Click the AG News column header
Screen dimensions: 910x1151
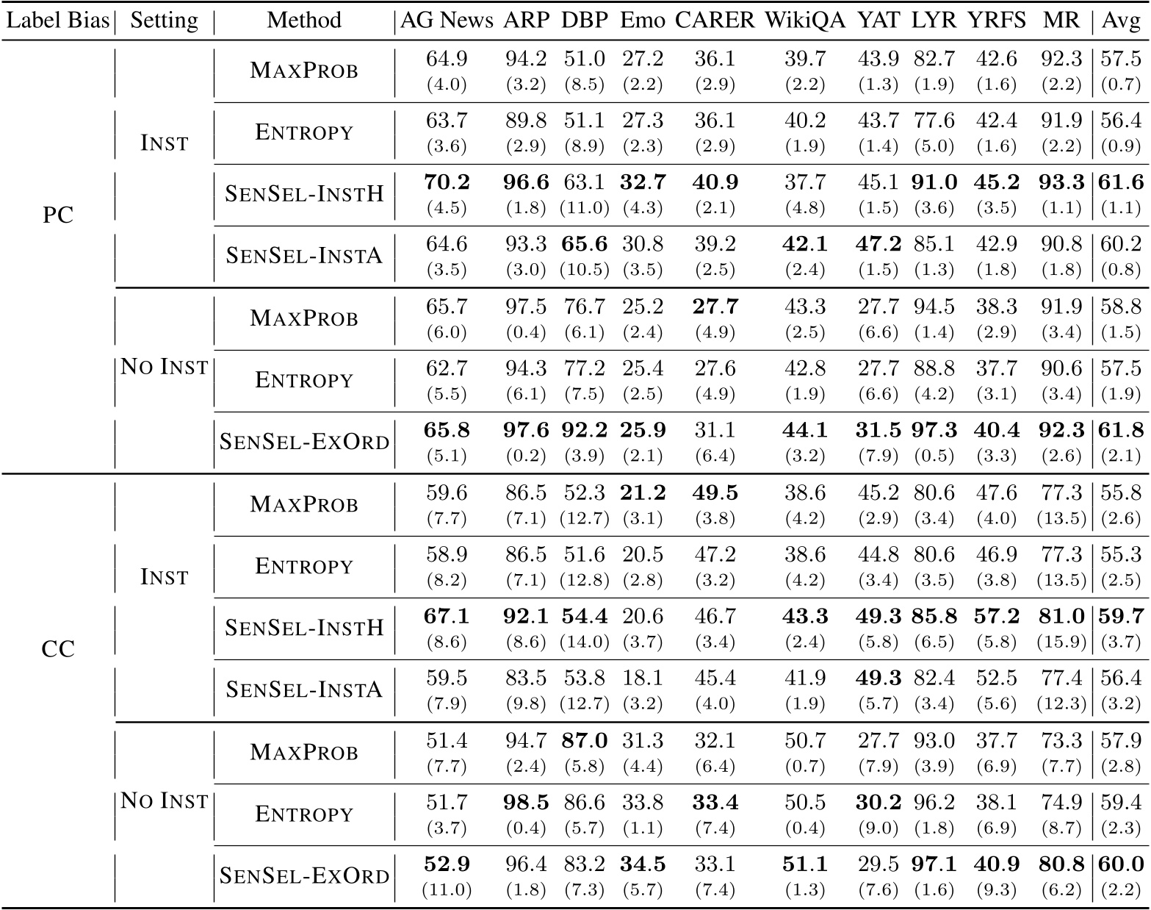447,21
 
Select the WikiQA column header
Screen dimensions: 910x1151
804,21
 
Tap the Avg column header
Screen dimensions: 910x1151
1121,21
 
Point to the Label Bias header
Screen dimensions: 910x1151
57,21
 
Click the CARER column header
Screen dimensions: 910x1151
714,21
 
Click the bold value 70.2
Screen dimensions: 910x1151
447,182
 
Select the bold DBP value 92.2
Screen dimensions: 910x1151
585,430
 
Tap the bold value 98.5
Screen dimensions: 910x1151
526,802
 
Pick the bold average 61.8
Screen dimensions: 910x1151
1121,430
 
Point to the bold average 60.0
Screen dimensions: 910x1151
1121,864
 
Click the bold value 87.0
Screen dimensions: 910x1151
585,740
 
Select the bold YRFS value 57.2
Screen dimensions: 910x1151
996,616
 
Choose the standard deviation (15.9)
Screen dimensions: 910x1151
1061,642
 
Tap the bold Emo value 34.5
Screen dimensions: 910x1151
643,864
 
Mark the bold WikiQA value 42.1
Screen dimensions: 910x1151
804,244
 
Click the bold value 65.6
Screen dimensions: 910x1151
585,244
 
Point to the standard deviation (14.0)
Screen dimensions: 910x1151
585,642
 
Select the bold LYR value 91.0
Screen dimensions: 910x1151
934,182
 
